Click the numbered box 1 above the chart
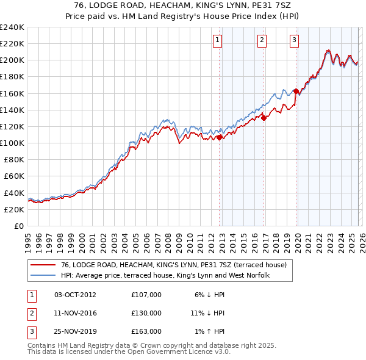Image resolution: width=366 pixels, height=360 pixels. (x=218, y=41)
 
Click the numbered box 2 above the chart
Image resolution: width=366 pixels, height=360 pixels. (x=262, y=41)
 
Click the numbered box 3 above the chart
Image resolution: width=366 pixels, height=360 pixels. (x=294, y=41)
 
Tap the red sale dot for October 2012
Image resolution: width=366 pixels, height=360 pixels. (x=219, y=137)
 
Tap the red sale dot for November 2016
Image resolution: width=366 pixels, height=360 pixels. (x=264, y=118)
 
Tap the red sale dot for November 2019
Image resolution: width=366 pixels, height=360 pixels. (x=296, y=92)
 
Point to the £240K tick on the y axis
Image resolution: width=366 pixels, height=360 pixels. (x=12, y=27)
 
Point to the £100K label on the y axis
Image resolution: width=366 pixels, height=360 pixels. (x=12, y=143)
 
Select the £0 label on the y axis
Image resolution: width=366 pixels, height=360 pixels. (x=18, y=226)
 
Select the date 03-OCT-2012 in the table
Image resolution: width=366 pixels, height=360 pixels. (x=75, y=295)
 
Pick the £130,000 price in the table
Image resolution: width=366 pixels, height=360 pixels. (x=146, y=313)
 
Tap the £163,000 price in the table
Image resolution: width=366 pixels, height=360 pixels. (x=146, y=331)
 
